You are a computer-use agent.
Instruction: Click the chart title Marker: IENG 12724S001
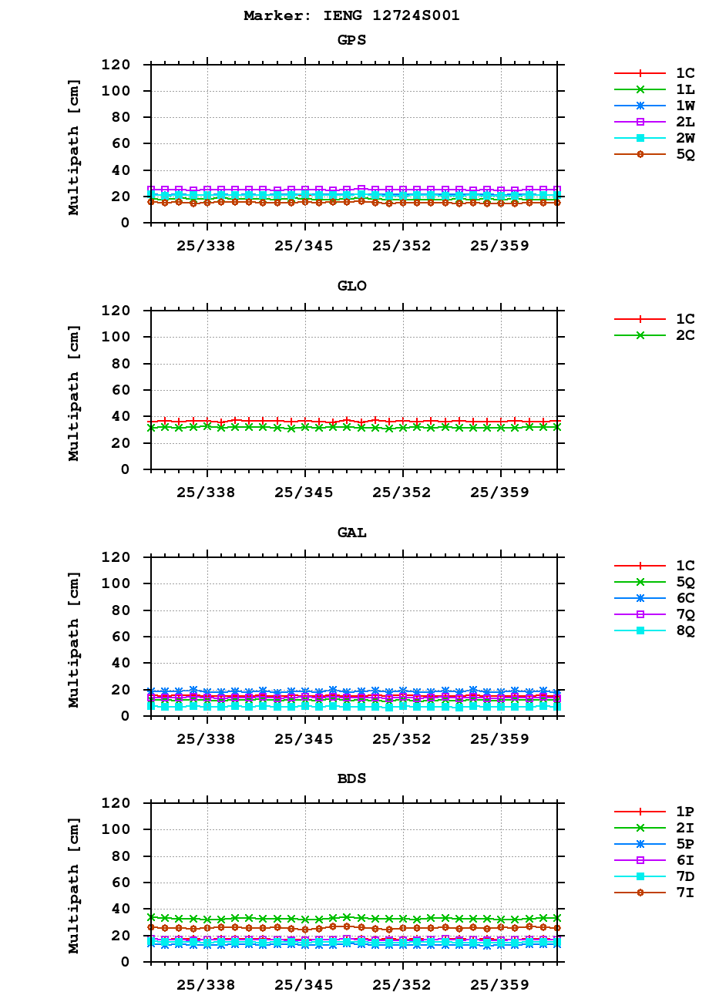[x=351, y=15]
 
